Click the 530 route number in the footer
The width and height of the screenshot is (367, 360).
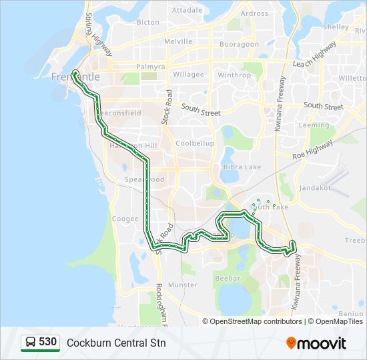pyautogui.click(x=47, y=342)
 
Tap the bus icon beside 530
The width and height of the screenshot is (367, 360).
pyautogui.click(x=31, y=343)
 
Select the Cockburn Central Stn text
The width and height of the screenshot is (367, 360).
pyautogui.click(x=116, y=343)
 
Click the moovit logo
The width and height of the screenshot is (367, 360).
pyautogui.click(x=316, y=343)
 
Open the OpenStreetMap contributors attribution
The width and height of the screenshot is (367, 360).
pyautogui.click(x=256, y=321)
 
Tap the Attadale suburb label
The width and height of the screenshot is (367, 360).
pyautogui.click(x=187, y=11)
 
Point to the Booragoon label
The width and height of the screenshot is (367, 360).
pyautogui.click(x=240, y=45)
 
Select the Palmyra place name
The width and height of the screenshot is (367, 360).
pyautogui.click(x=150, y=67)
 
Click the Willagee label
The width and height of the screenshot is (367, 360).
pyautogui.click(x=189, y=75)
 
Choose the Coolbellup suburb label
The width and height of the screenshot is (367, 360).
pyautogui.click(x=195, y=143)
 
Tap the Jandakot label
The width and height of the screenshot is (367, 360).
pyautogui.click(x=328, y=189)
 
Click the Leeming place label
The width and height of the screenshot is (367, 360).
pyautogui.click(x=314, y=125)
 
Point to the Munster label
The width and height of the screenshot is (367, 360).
pyautogui.click(x=183, y=285)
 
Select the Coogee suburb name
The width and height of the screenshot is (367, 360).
pyautogui.click(x=125, y=219)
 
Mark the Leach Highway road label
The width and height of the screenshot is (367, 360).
pyautogui.click(x=315, y=55)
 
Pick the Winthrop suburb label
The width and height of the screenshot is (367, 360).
pyautogui.click(x=234, y=75)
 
